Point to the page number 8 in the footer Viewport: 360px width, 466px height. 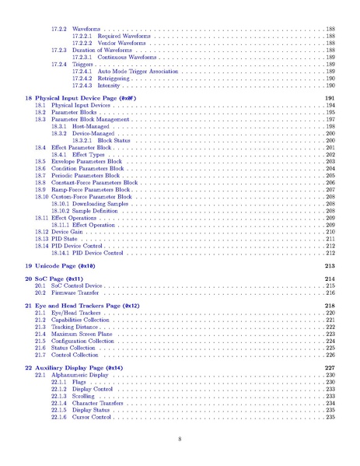(180, 440)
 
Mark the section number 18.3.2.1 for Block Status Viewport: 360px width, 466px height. (82, 140)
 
